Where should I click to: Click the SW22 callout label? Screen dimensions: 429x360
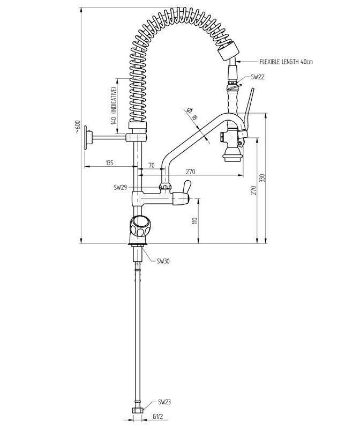(x=258, y=77)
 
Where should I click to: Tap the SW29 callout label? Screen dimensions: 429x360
(x=119, y=188)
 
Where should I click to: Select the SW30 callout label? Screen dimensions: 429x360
(x=163, y=261)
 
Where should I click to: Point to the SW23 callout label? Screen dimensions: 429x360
(x=164, y=402)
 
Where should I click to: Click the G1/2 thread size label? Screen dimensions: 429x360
(x=157, y=416)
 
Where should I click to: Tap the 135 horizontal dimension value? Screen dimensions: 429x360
(x=109, y=162)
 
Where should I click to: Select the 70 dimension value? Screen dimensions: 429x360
(x=152, y=166)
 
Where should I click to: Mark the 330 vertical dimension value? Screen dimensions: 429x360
(x=262, y=179)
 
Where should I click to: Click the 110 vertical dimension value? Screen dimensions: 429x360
(x=196, y=220)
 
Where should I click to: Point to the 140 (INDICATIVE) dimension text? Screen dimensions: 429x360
(x=113, y=105)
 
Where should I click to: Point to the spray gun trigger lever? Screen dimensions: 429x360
(x=249, y=105)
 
